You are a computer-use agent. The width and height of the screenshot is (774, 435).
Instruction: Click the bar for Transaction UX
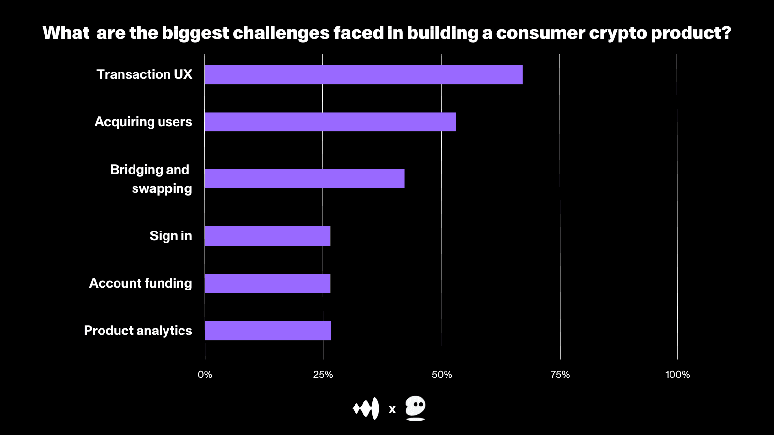click(x=363, y=74)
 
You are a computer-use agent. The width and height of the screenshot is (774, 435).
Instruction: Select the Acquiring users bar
click(x=330, y=122)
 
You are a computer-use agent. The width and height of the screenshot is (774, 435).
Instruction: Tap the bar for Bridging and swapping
click(x=304, y=179)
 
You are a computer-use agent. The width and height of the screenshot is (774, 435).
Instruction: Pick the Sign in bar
click(x=268, y=236)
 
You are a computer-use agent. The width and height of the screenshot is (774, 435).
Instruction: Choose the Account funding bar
click(x=268, y=283)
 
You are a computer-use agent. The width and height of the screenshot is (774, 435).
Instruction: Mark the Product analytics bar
click(x=268, y=331)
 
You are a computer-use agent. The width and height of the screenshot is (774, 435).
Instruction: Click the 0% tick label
click(x=205, y=375)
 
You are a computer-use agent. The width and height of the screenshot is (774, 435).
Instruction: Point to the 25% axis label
click(x=323, y=375)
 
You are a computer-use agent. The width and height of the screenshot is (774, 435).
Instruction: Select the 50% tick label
click(x=442, y=375)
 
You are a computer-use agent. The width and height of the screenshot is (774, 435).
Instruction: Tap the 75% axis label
click(x=560, y=375)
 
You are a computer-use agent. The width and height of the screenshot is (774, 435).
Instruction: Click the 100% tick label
click(x=677, y=375)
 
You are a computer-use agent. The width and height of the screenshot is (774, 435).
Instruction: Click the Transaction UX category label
click(x=144, y=74)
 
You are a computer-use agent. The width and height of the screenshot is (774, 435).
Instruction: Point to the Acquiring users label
click(x=143, y=122)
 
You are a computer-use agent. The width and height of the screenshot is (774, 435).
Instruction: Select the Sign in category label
click(x=171, y=236)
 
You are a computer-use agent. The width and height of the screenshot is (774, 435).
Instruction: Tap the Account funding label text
click(x=141, y=283)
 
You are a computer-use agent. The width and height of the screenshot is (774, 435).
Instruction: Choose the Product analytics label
click(x=138, y=331)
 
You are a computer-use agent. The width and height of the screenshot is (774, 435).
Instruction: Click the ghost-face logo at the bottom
click(x=416, y=408)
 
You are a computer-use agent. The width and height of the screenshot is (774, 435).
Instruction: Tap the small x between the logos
click(x=392, y=410)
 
